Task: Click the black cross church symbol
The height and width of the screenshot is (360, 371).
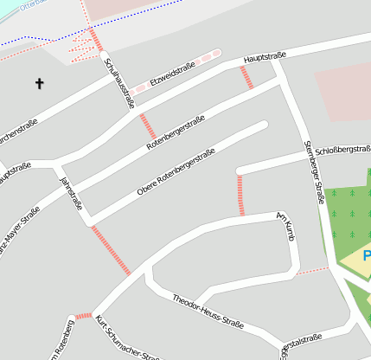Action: [39, 84]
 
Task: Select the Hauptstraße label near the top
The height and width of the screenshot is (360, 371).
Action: [265, 57]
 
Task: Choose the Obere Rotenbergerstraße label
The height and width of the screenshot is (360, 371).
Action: [176, 172]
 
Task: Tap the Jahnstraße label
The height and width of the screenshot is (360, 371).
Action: [69, 192]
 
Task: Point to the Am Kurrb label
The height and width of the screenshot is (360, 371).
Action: [286, 221]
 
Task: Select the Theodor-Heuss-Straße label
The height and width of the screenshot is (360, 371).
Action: [208, 312]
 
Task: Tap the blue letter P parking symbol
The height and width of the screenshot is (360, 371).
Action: [367, 257]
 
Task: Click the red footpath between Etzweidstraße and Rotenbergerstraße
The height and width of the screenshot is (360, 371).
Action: [147, 126]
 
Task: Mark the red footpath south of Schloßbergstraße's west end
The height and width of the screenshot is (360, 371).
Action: [240, 195]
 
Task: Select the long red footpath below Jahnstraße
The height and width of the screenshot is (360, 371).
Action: [112, 251]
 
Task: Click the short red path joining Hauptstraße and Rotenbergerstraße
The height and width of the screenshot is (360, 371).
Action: [246, 77]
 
